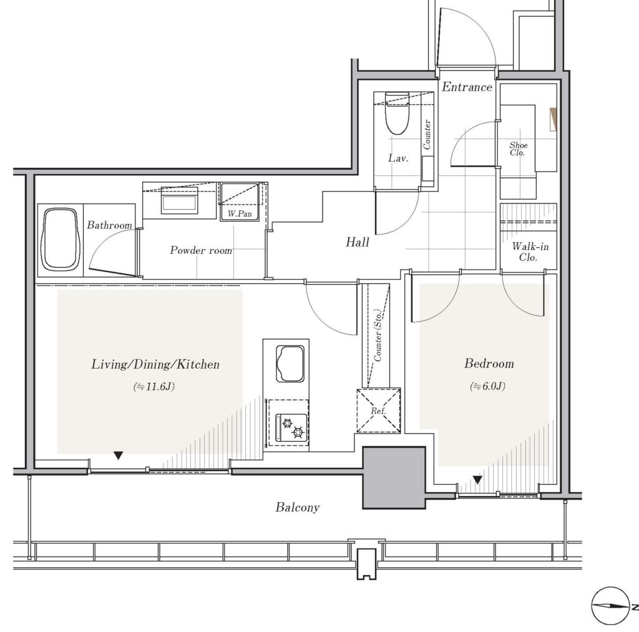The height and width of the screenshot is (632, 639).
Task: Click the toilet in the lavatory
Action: pyautogui.click(x=397, y=114)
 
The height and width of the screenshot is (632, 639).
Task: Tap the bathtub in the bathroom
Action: pyautogui.click(x=60, y=240)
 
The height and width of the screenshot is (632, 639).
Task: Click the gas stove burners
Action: pyautogui.click(x=291, y=427)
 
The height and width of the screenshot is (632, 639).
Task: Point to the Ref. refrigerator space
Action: pyautogui.click(x=379, y=411)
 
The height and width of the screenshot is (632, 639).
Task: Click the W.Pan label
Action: pyautogui.click(x=240, y=213)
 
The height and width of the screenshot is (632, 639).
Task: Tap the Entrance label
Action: pyautogui.click(x=467, y=87)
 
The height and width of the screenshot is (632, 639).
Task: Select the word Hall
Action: pyautogui.click(x=358, y=243)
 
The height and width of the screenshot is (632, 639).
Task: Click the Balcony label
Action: pyautogui.click(x=298, y=507)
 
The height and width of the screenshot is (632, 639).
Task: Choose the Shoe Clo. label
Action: pyautogui.click(x=519, y=148)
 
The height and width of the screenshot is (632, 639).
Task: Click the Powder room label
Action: pyautogui.click(x=201, y=250)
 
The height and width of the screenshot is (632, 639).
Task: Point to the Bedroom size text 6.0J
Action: pyautogui.click(x=488, y=386)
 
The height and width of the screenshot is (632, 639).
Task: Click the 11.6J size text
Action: pyautogui.click(x=154, y=386)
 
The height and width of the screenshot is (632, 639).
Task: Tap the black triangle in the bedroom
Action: pyautogui.click(x=477, y=480)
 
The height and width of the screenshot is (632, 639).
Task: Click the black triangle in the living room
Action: pyautogui.click(x=118, y=455)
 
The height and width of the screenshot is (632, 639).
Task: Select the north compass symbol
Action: pyautogui.click(x=610, y=606)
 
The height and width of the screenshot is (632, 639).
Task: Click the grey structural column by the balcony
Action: pyautogui.click(x=394, y=477)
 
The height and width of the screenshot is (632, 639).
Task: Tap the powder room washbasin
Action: pyautogui.click(x=179, y=200)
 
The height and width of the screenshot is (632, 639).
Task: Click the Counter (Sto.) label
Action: pyautogui.click(x=378, y=336)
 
